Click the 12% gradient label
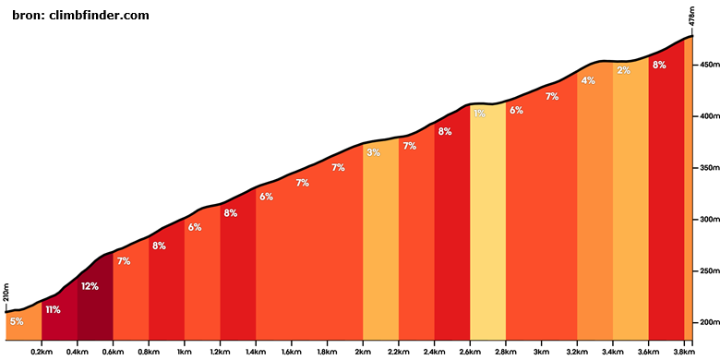click(x=90, y=286)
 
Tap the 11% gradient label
click(x=53, y=309)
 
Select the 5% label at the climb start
click(x=17, y=321)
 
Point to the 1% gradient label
click(x=479, y=114)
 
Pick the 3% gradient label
click(x=373, y=152)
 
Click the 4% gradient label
click(x=588, y=80)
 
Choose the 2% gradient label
click(x=623, y=71)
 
